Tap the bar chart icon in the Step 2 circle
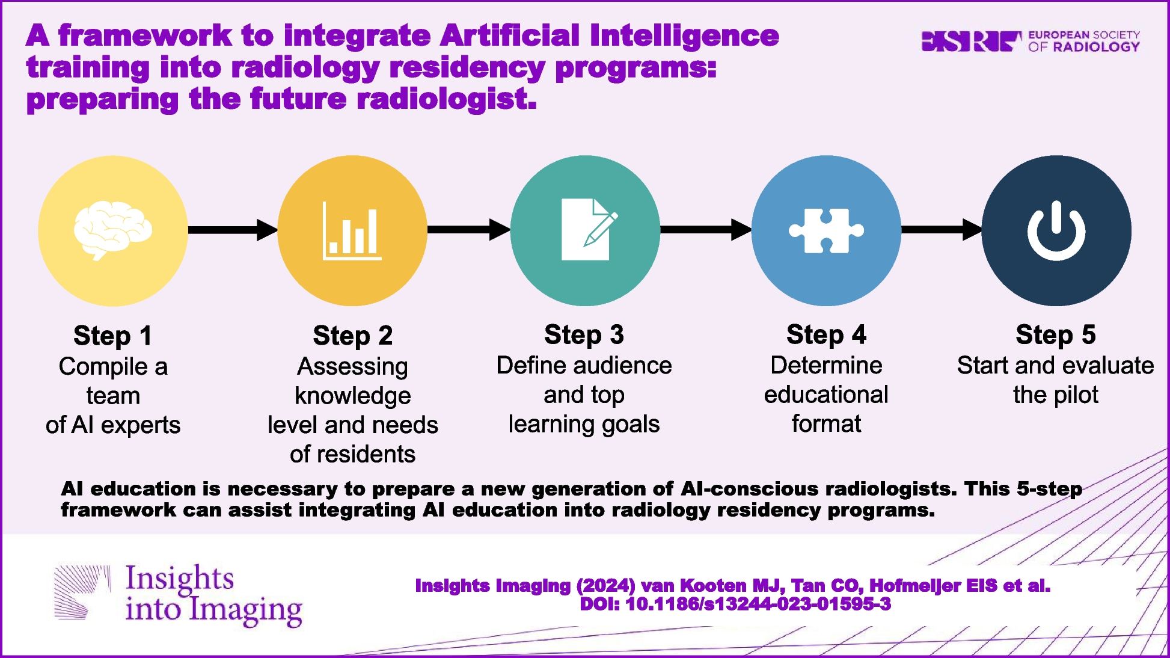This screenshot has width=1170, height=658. (352, 231)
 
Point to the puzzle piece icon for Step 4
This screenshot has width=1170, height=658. (826, 230)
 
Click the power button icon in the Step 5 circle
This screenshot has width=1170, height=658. (1056, 231)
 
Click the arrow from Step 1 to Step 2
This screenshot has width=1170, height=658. (233, 230)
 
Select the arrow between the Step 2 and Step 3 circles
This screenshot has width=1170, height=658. (469, 230)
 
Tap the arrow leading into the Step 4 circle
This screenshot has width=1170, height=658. (706, 230)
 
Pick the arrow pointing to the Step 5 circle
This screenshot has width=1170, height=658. (942, 230)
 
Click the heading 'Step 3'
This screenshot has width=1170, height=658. (584, 335)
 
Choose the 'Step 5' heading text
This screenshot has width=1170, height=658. (1056, 335)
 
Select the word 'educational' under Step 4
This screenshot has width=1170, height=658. (826, 395)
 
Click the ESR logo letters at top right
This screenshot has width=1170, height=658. (971, 42)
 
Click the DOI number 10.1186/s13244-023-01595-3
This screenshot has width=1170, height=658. (758, 604)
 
